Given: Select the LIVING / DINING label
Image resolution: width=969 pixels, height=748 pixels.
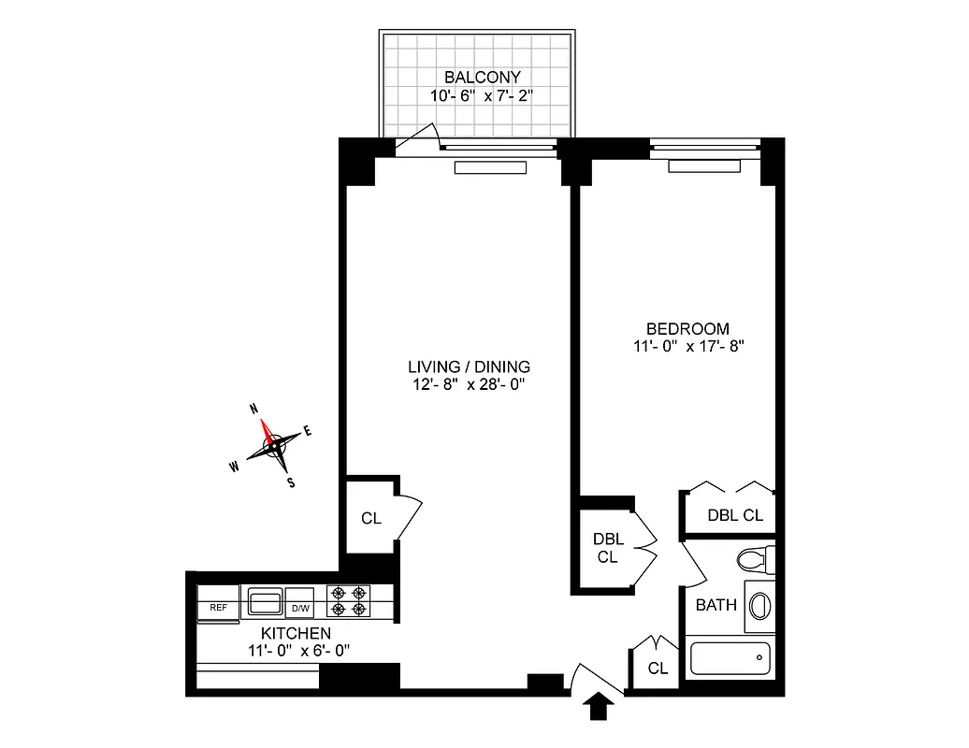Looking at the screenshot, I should coord(456,366).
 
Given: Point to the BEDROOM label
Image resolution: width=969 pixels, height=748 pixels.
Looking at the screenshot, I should coord(687,328).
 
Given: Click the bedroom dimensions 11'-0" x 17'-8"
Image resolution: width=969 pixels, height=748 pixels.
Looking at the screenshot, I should coord(687,346).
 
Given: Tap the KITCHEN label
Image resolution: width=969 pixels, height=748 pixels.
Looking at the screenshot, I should coord(296,634).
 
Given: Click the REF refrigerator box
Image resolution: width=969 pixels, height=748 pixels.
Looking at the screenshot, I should coord(218,608).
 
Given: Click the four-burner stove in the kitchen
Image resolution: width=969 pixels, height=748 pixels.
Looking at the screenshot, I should coord(347,600).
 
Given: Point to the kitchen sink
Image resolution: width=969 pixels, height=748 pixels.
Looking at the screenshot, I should coord(265,600).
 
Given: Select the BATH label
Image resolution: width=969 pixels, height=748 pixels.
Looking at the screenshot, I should coord(716,605).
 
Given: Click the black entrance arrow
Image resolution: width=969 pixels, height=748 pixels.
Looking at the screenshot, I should coord(599,708).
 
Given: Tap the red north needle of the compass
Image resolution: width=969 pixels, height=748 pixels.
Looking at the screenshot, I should coord(268,431).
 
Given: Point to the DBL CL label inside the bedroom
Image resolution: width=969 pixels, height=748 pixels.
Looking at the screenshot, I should coord(734,514).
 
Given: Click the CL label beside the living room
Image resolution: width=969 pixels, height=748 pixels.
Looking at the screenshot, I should coord(370,518).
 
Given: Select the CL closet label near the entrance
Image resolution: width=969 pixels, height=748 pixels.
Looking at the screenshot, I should coord(658,669).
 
